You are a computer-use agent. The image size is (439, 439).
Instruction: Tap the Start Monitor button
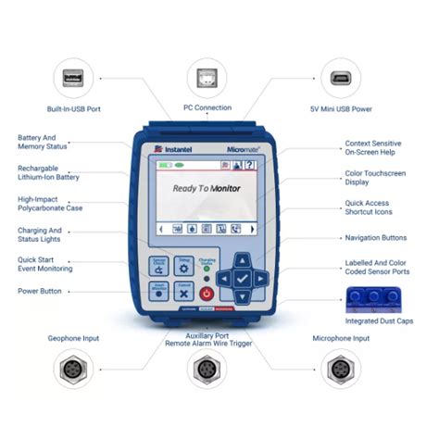click(x=158, y=291)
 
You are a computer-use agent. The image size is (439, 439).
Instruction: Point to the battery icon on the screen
click(x=166, y=165)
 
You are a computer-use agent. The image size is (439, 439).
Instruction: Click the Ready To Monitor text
click(x=210, y=188)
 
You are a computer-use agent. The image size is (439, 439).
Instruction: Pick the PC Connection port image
click(x=208, y=77)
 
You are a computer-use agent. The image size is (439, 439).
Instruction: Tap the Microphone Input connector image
click(x=342, y=370)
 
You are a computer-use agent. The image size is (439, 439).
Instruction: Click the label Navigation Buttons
click(x=375, y=238)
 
